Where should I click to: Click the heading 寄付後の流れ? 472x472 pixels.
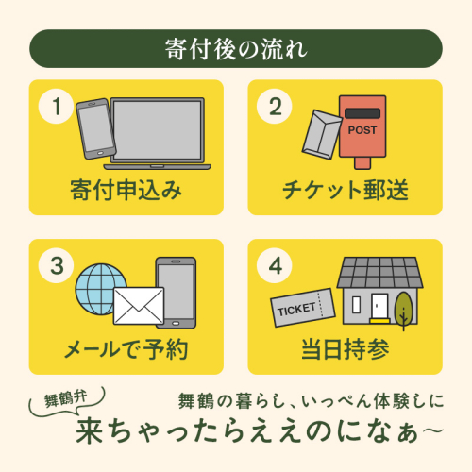point(236,49)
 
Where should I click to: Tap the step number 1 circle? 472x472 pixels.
point(56,107)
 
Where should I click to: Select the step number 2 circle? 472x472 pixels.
point(275,107)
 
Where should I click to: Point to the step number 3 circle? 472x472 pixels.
point(56,265)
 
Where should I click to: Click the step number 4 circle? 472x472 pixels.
point(275,265)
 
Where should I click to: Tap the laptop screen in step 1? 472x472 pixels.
point(158,130)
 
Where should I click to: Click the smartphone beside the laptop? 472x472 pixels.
point(96,128)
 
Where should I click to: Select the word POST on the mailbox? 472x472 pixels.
point(362,130)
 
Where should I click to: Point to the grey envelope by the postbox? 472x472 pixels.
point(322,135)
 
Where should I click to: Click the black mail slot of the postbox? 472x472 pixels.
point(362,113)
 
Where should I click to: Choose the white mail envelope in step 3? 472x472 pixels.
point(139,306)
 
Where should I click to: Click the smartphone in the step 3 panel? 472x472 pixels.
point(177,293)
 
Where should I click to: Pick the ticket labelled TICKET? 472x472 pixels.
point(303,308)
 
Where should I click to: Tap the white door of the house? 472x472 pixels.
point(379,307)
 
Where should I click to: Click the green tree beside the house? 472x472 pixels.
point(404,309)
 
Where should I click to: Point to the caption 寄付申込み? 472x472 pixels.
point(126,191)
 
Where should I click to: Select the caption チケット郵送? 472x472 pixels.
point(346,191)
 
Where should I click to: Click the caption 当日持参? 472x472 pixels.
point(346,349)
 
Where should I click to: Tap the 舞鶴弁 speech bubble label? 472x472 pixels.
point(65,399)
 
